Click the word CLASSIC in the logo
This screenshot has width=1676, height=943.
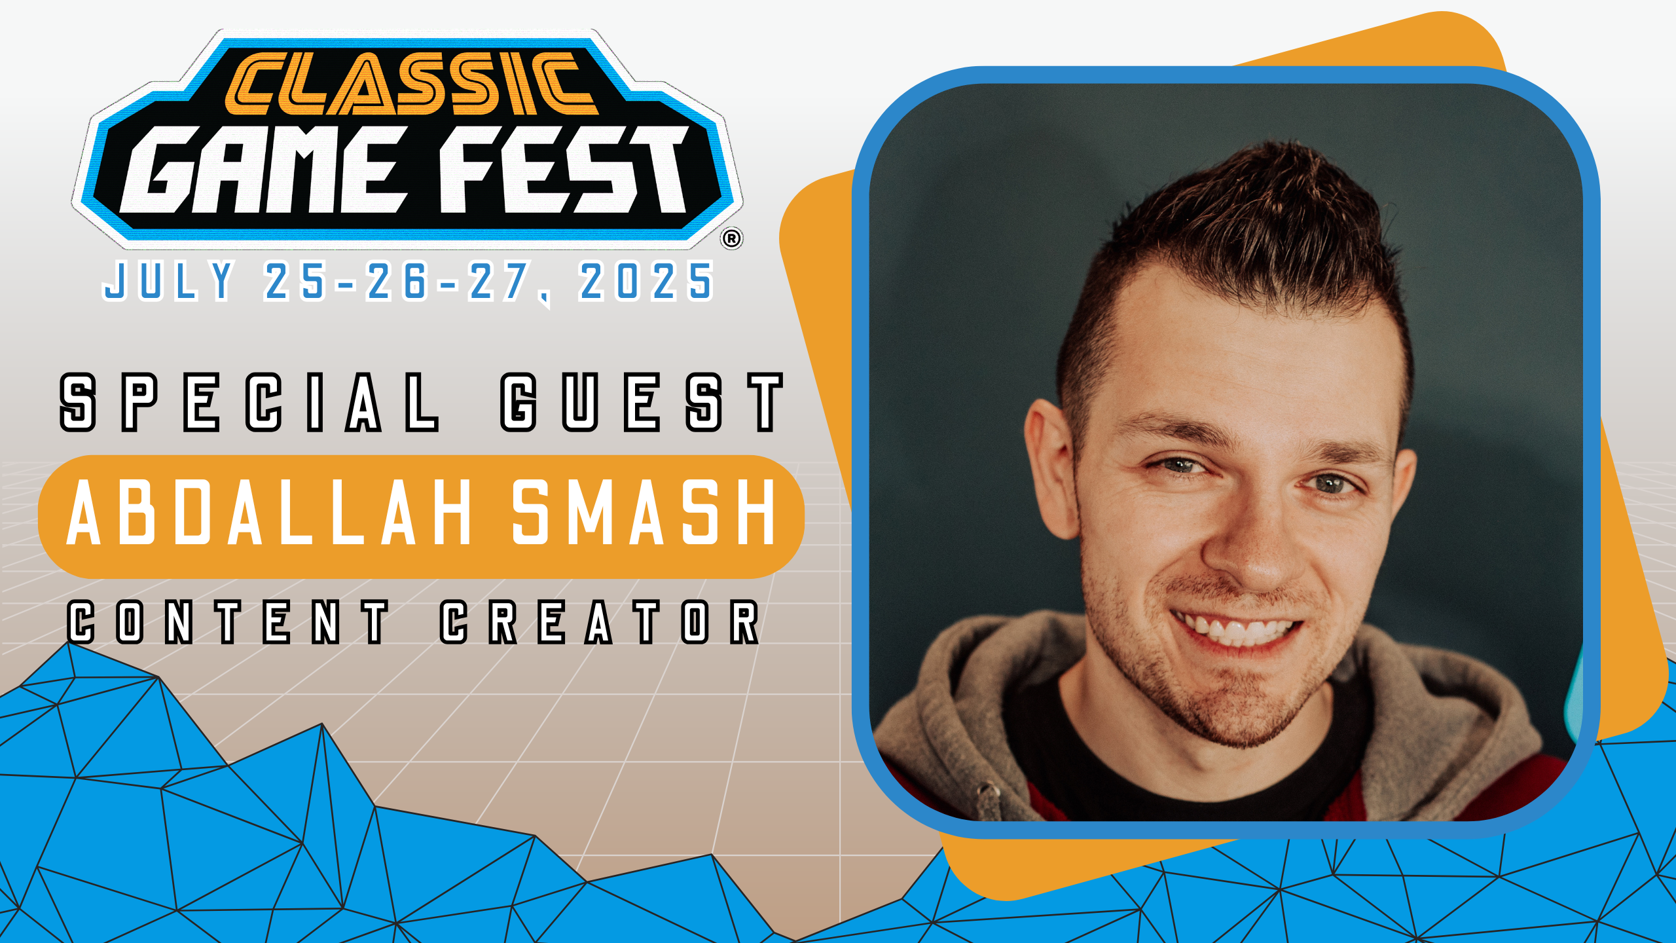click(x=411, y=83)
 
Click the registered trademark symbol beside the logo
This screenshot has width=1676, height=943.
click(x=731, y=238)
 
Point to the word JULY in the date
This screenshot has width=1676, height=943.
click(x=169, y=281)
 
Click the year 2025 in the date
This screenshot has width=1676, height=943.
click(x=646, y=281)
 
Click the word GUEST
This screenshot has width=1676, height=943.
click(x=642, y=402)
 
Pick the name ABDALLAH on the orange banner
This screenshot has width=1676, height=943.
click(x=270, y=512)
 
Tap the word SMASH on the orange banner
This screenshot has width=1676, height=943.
click(x=644, y=512)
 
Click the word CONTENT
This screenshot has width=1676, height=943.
click(x=228, y=622)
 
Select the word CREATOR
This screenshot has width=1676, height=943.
click(x=600, y=622)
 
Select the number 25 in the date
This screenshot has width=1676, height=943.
click(x=295, y=281)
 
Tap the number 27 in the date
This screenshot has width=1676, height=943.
click(x=499, y=281)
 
